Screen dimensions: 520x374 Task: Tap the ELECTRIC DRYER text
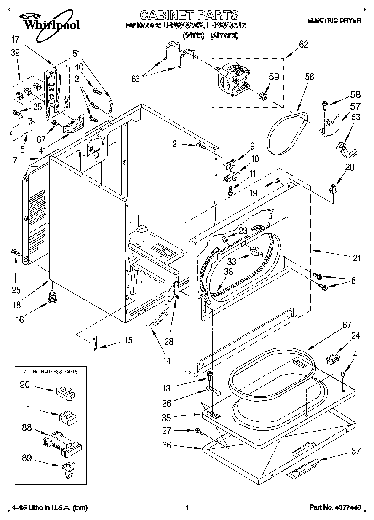[334, 20]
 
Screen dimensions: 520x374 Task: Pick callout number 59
[274, 77]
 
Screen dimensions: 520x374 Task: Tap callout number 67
[323, 325]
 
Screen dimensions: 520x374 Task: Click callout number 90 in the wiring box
[25, 384]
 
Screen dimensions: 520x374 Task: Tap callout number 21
[356, 258]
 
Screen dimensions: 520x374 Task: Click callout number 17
[15, 40]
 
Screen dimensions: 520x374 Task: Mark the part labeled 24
[332, 361]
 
